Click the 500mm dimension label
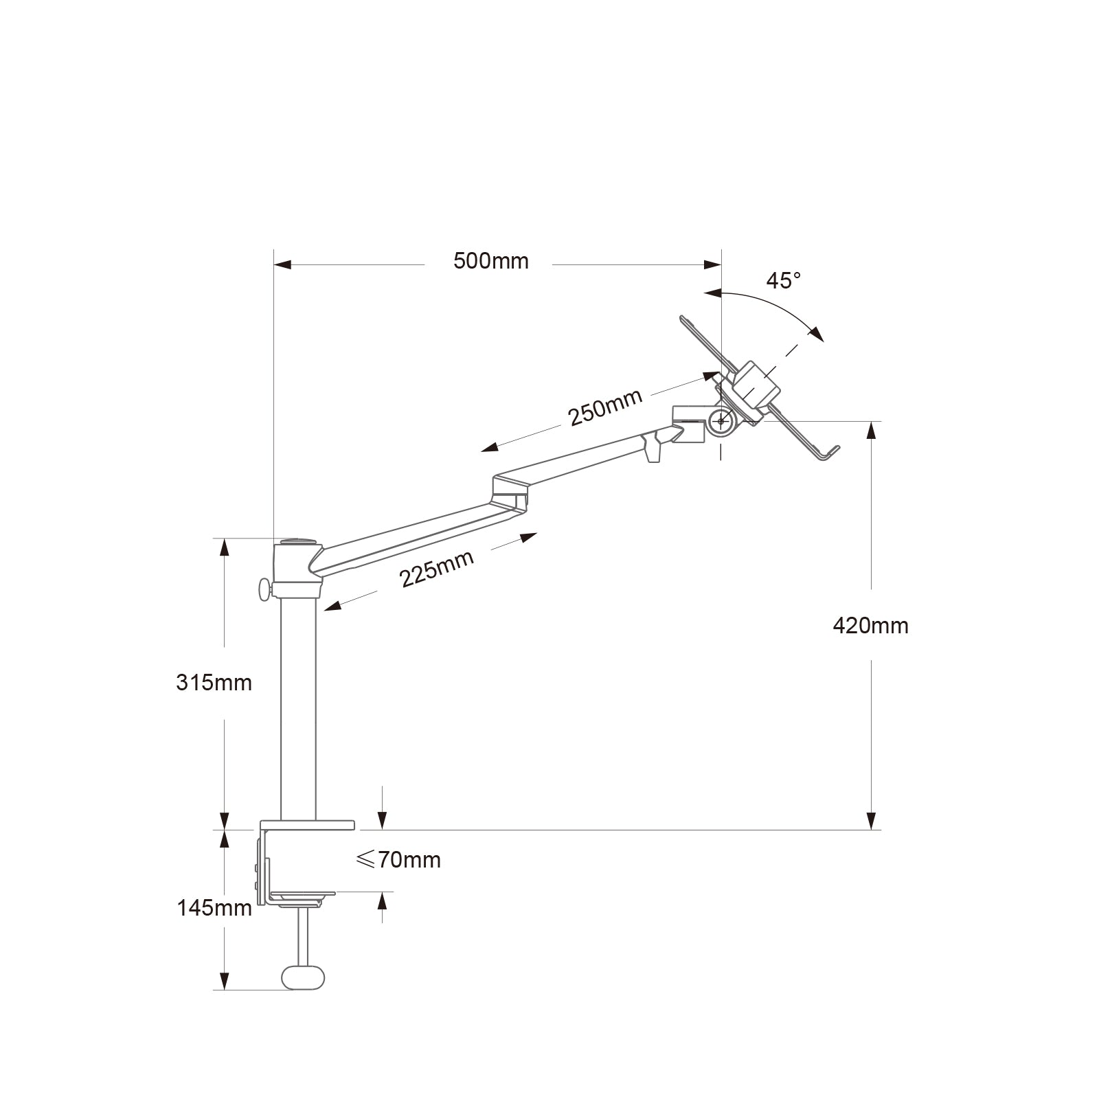point(490,262)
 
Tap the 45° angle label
point(784,281)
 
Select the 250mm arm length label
point(605,407)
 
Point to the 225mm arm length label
point(437,569)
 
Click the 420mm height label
point(870,626)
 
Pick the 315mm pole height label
point(214,683)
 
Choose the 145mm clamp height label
point(214,908)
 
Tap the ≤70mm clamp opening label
point(398,860)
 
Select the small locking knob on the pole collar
point(264,589)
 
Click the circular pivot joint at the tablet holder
point(721,420)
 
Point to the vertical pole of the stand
point(299,707)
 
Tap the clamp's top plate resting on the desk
point(307,824)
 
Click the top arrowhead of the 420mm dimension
point(871,430)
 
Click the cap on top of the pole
point(298,542)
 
